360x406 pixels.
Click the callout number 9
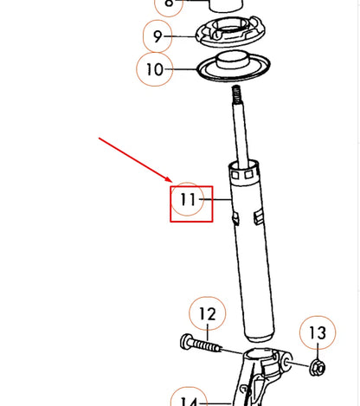coord(157,35)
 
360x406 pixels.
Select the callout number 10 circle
coord(154,68)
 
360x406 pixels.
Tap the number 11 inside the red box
coord(189,201)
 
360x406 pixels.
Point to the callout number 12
coord(207,313)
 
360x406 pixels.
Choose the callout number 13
coord(317,333)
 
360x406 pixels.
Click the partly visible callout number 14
coord(190,399)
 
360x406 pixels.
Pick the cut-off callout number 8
coord(169,4)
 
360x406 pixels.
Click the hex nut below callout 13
coord(317,367)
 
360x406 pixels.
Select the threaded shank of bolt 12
coord(208,347)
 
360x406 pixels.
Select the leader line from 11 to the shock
coord(218,202)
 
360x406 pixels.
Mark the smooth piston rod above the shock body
coord(239,130)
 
